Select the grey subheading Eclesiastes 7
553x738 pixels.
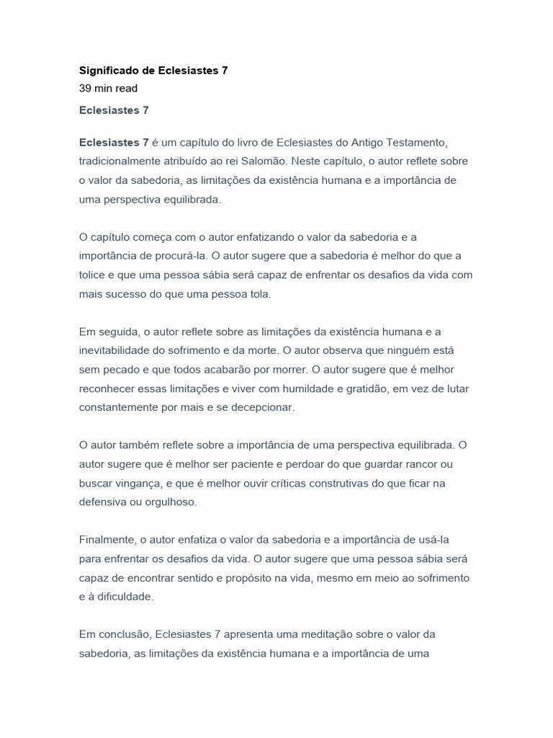pos(114,110)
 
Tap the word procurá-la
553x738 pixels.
pos(186,255)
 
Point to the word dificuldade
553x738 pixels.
pos(127,596)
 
